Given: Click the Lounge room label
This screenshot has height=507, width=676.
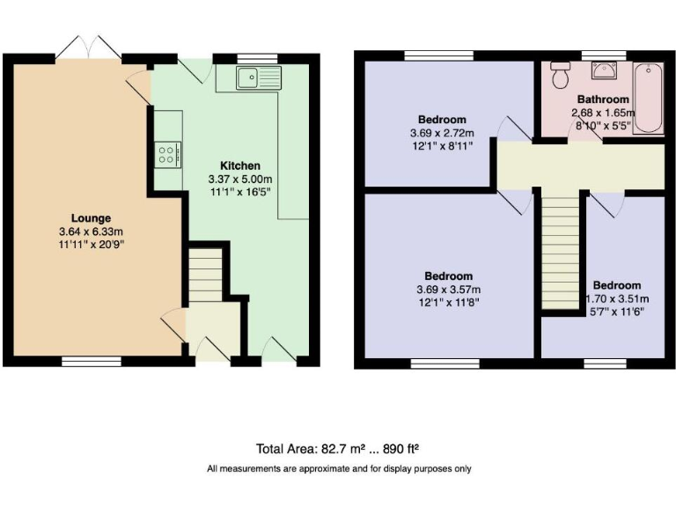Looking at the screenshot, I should pos(92,218).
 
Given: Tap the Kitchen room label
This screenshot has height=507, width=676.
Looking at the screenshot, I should pos(239,165).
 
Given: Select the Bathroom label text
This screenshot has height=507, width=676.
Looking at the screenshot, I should pos(603,99).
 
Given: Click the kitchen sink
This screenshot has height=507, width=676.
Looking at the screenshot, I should pos(258,78).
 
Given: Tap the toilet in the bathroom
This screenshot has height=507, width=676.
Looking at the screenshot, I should pos(559,77).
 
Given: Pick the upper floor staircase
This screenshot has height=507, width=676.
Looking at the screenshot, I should pos(561,251).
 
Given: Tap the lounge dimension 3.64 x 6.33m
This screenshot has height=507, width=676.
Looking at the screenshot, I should pos(92,232).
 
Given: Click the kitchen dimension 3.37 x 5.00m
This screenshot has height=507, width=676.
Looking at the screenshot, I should pos(239,179).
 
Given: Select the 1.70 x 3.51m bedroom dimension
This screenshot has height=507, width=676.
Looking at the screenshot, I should pos(616,299).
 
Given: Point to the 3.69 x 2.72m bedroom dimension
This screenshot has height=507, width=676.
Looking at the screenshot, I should pos(442,133).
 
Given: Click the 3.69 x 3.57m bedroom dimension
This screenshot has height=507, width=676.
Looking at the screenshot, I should pos(448,290).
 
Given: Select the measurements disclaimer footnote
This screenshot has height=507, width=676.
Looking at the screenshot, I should pos(339,468).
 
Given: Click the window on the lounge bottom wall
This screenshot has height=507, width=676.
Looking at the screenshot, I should pos(92,361).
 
